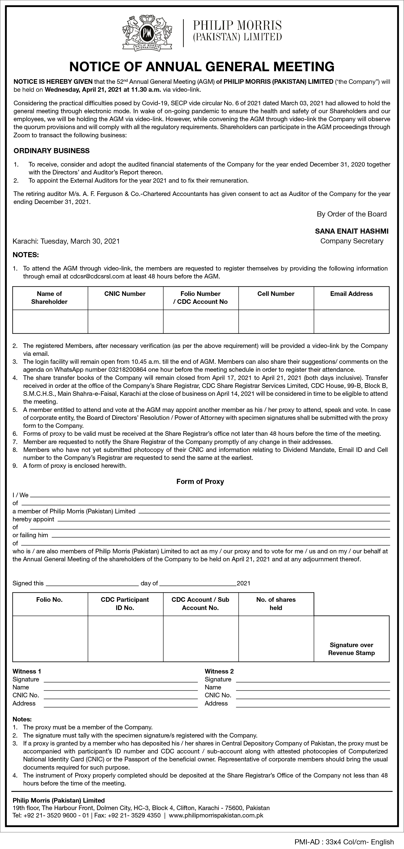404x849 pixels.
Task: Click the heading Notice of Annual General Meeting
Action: point(202,67)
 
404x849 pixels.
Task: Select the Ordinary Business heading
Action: point(52,151)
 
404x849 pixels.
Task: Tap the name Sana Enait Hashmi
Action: point(351,231)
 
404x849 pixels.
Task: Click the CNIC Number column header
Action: point(125,294)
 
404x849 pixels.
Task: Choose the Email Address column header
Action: point(351,294)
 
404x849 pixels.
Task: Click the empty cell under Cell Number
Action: point(276,321)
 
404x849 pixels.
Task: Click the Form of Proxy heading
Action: point(200,482)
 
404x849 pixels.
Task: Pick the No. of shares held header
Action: point(276,604)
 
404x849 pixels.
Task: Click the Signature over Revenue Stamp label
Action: point(351,649)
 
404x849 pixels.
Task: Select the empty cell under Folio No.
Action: point(50,638)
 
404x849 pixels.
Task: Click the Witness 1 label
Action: point(27,671)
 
